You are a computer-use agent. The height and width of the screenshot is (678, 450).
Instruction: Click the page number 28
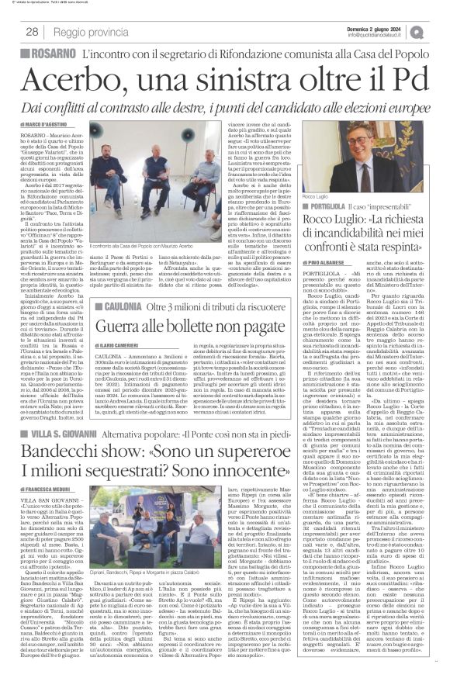[x=32, y=32]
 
